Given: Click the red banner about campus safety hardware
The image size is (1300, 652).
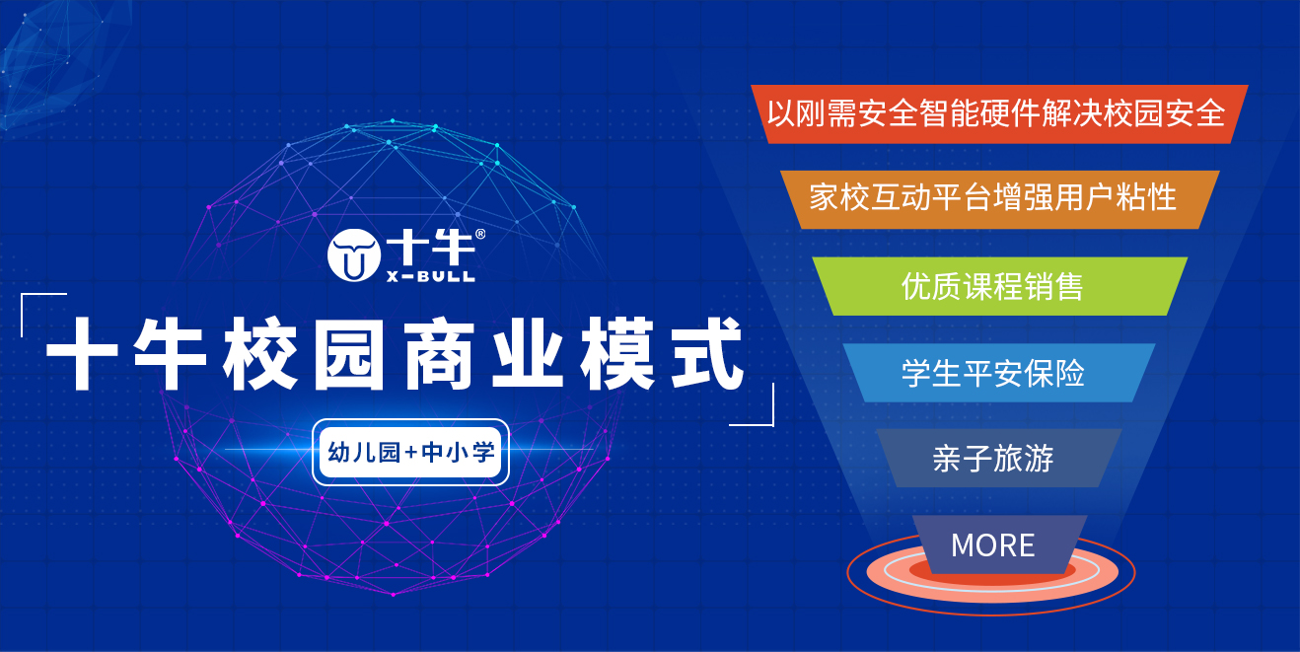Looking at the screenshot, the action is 999,113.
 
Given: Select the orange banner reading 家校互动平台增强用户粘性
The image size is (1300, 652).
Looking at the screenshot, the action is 999,199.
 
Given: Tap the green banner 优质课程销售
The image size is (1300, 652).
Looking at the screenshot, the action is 999,286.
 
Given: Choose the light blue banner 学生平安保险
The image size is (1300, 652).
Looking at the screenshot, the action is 999,373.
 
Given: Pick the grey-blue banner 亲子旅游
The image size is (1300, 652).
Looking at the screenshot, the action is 999,458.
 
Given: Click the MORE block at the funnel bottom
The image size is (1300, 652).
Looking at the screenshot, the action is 999,544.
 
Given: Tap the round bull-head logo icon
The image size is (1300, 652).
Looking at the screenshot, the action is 353,255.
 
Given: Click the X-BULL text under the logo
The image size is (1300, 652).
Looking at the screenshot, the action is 431,277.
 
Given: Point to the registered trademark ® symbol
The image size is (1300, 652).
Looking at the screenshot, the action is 480,234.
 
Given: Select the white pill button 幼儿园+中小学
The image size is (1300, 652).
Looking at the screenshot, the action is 410,453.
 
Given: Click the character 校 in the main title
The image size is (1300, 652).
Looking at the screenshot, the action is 260,353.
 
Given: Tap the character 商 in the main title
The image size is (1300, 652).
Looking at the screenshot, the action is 439,353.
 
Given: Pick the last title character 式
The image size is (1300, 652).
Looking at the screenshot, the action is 707,353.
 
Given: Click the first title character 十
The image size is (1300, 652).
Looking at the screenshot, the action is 82,353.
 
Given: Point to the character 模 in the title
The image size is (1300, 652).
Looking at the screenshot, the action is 617,353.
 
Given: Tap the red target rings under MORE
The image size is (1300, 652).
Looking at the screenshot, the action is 991,597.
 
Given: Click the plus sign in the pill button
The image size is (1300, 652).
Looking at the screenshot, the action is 411,452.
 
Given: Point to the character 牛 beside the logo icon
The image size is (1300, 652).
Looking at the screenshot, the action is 452,249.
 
